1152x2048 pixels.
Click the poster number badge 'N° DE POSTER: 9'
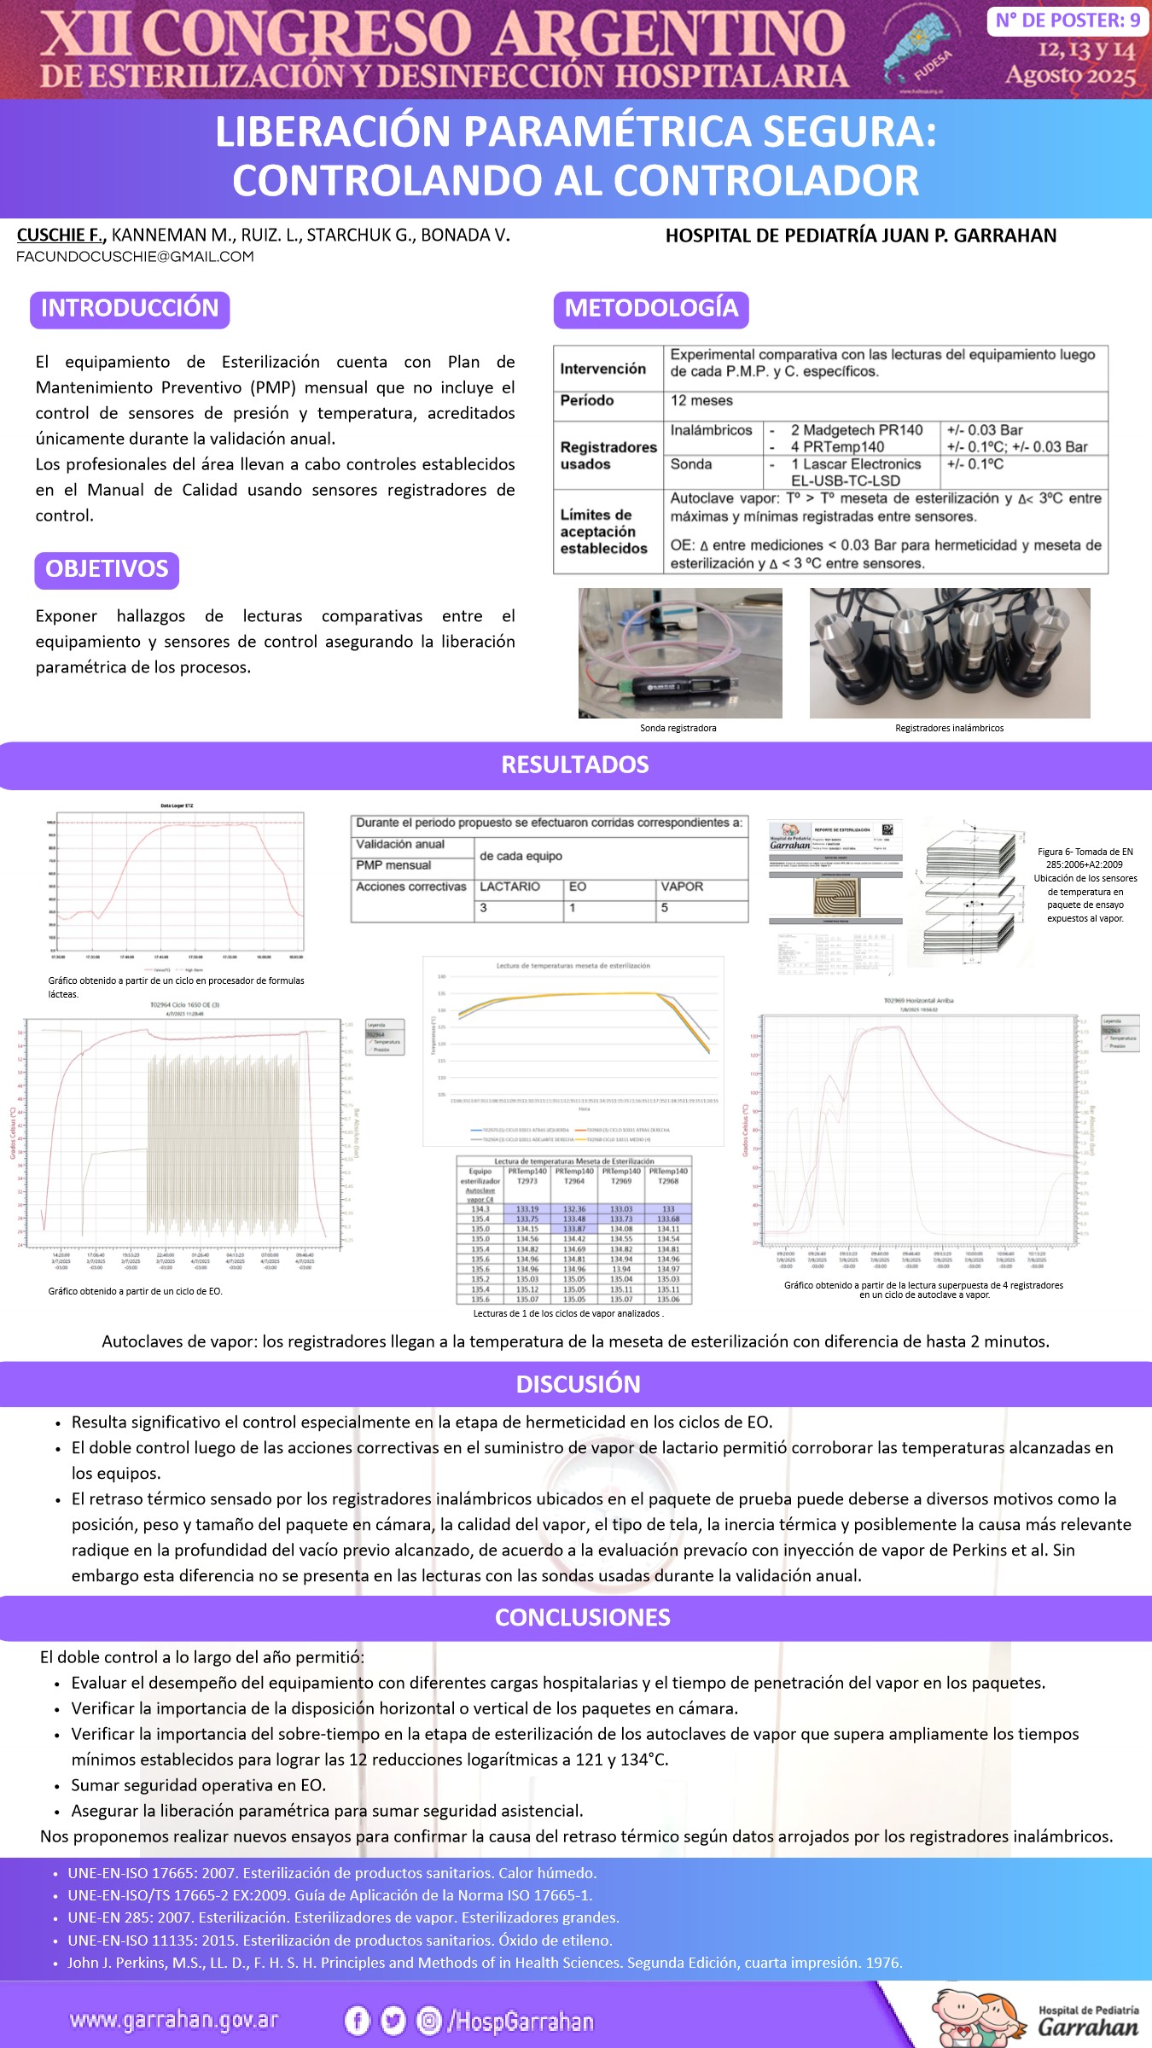point(1068,20)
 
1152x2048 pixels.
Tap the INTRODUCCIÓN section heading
point(130,309)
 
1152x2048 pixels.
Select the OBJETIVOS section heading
point(107,569)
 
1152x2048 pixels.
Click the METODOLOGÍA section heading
point(651,309)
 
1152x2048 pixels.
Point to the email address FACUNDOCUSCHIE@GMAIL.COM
point(135,257)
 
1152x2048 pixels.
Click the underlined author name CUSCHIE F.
point(60,236)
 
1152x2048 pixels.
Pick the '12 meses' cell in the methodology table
point(701,401)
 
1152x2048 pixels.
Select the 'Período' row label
point(587,401)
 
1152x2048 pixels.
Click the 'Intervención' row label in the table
point(603,369)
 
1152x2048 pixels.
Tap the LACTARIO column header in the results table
point(510,887)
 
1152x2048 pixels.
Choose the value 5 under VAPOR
point(665,909)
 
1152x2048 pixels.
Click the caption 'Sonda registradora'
point(678,729)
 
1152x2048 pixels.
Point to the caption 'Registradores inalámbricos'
point(949,729)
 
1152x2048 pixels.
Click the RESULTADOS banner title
point(575,765)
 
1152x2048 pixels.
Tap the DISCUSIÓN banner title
point(578,1384)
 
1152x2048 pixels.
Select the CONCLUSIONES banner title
point(583,1618)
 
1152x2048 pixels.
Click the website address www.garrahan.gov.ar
point(174,2020)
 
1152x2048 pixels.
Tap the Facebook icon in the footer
point(357,2021)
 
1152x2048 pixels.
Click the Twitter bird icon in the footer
point(393,2021)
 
